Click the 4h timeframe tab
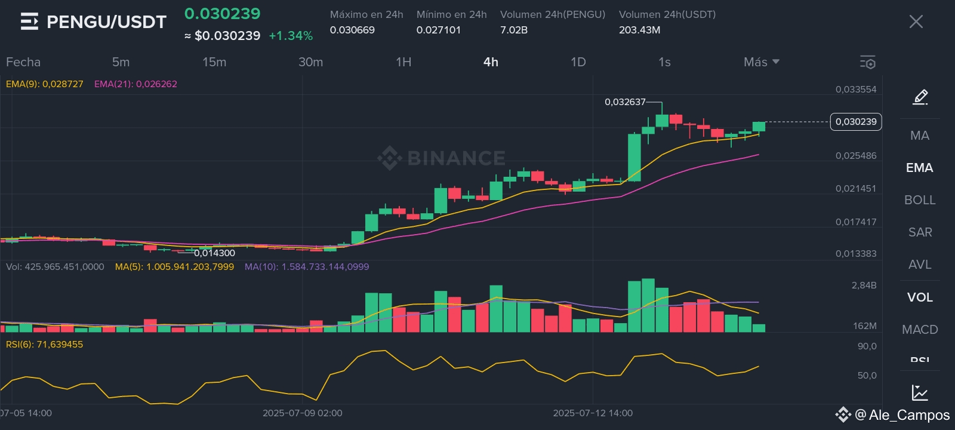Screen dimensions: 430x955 (x=491, y=62)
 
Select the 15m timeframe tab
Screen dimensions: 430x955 (x=214, y=62)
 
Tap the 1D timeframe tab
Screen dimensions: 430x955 (x=578, y=62)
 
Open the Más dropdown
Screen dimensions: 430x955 (x=761, y=62)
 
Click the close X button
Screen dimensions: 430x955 (x=916, y=22)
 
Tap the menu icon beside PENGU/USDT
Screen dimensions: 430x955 (x=29, y=22)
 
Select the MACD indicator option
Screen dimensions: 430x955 (x=919, y=329)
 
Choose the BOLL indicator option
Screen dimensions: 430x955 (x=919, y=200)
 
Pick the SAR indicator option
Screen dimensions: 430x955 (x=919, y=232)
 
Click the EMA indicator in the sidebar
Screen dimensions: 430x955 (x=919, y=168)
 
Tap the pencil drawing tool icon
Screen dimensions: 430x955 (x=920, y=97)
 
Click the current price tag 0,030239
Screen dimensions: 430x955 (x=856, y=122)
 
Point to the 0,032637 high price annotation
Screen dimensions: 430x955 (x=625, y=102)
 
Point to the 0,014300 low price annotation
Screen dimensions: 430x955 (x=214, y=253)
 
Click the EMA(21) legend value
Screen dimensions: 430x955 (x=135, y=84)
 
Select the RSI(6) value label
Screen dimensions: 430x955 (x=45, y=345)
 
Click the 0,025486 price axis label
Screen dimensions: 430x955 (x=856, y=156)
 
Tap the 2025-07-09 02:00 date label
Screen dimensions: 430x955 (x=303, y=413)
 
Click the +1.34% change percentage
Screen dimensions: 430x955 (x=291, y=36)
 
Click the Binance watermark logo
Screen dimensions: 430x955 (x=442, y=158)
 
